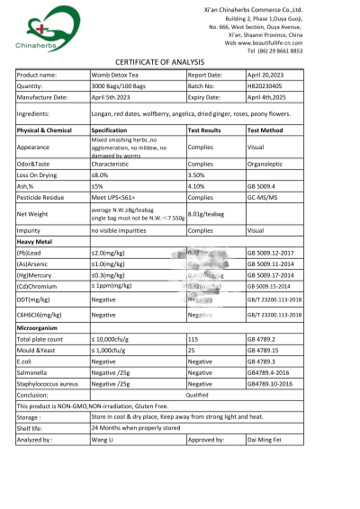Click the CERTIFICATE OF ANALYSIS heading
point(181,60)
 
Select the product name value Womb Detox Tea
point(115,75)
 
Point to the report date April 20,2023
point(265,75)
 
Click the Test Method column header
point(268,130)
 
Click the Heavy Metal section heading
point(39,242)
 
